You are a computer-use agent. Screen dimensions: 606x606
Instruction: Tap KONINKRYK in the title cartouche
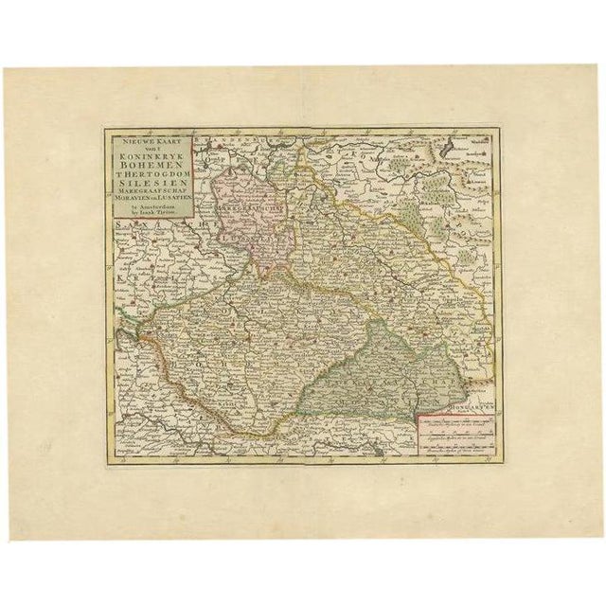click(151, 158)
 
